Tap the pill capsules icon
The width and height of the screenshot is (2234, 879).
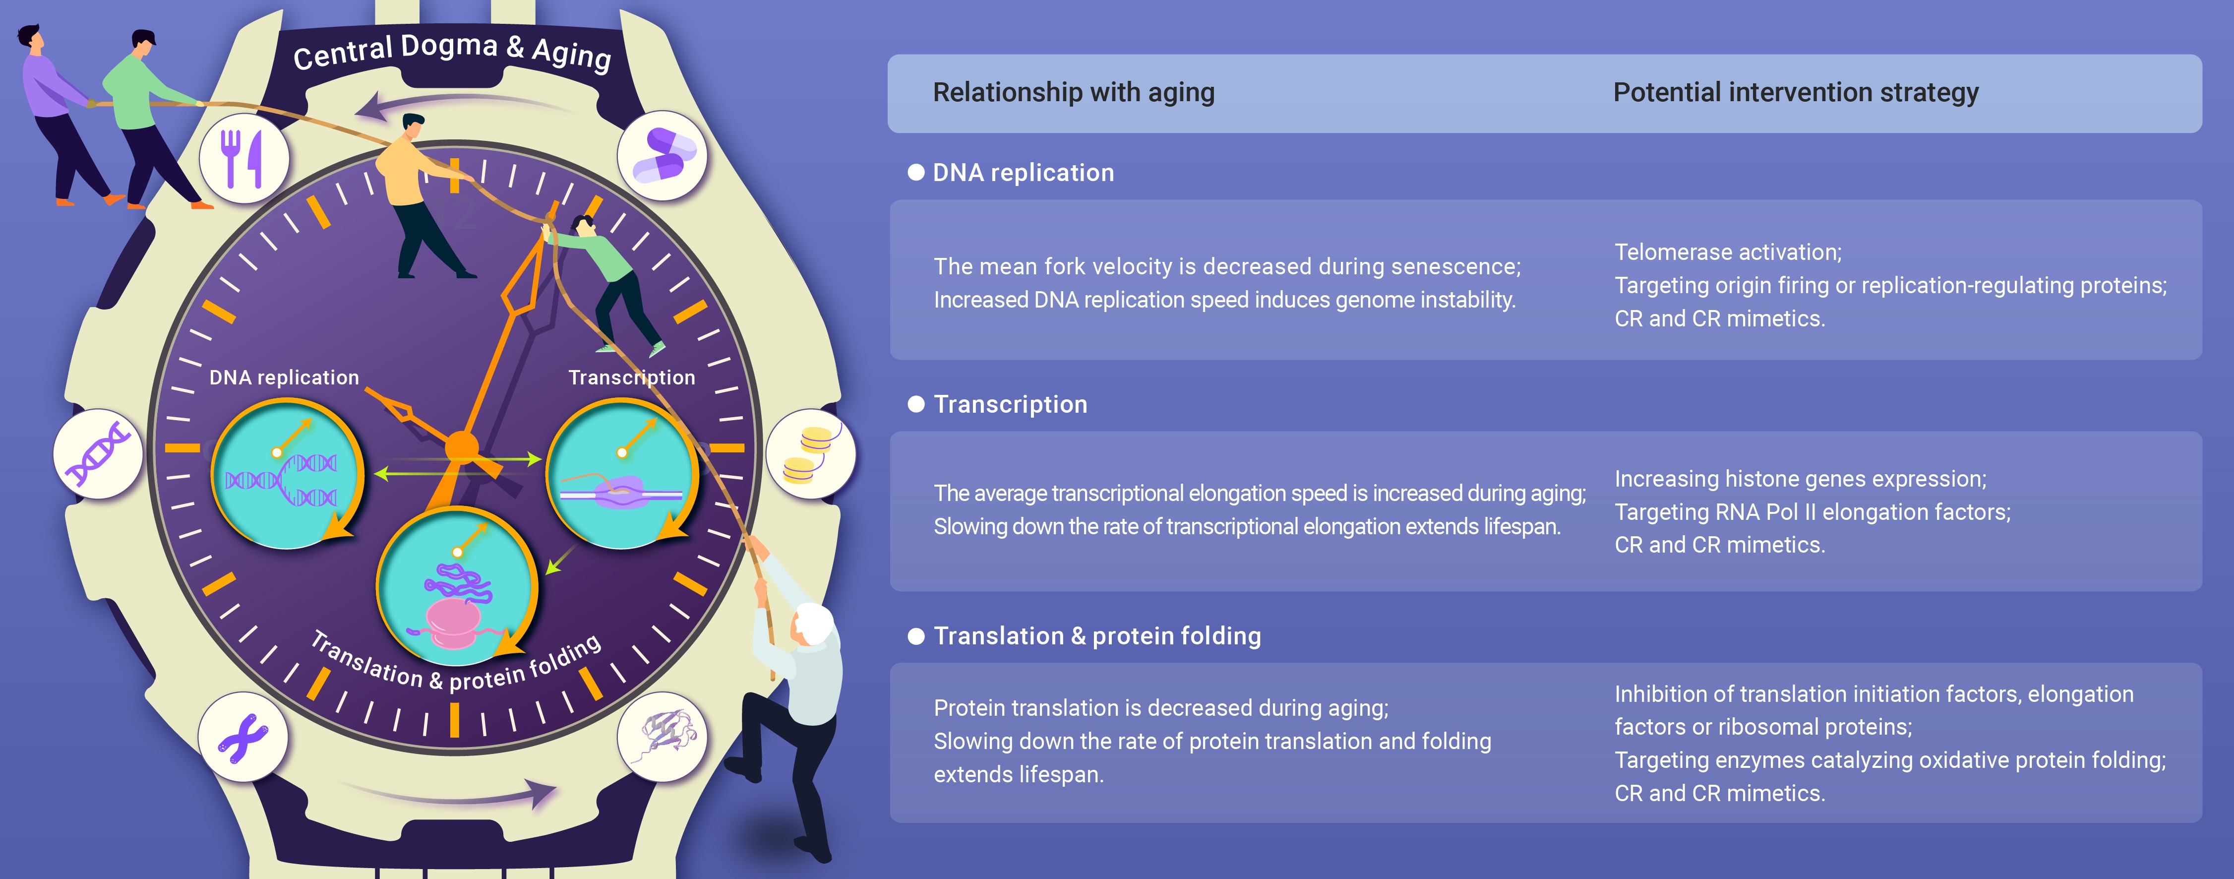664,154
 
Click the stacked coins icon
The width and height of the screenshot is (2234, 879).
809,454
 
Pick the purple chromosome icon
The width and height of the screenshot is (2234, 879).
243,738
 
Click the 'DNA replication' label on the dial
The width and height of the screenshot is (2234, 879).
284,377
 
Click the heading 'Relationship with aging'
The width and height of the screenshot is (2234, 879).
1074,92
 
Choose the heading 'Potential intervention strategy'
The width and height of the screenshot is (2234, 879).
1796,92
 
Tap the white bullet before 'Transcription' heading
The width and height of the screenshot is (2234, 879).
916,404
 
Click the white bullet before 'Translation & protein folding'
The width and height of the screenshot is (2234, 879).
916,636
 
